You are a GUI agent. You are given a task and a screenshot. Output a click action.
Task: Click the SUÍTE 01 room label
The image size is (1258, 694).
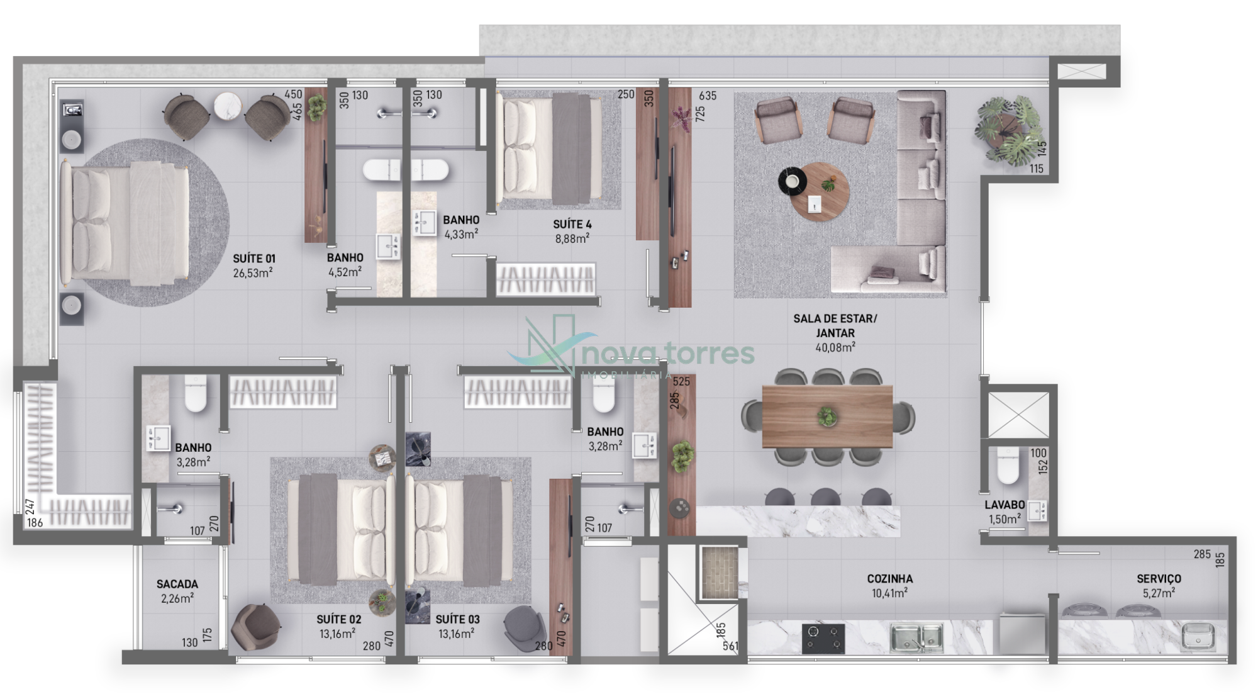coord(254,259)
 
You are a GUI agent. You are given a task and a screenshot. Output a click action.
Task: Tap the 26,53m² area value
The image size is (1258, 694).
coord(253,273)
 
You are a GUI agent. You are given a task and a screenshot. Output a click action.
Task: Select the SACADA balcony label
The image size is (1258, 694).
coord(177,585)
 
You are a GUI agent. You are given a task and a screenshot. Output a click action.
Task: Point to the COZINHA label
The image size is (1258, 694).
coord(890,579)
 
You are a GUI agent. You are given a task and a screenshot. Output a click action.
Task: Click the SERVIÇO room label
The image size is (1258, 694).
coord(1159,579)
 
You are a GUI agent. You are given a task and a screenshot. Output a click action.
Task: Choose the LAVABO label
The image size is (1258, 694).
coord(1005,505)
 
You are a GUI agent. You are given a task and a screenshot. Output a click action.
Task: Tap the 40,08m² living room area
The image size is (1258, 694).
coord(835,347)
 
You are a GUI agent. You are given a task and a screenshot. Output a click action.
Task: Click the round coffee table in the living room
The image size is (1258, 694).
coord(820,191)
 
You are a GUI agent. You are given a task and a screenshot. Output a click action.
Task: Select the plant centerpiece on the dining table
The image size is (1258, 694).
coord(827,417)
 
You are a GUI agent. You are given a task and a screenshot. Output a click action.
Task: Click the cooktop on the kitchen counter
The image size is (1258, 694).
coord(823,638)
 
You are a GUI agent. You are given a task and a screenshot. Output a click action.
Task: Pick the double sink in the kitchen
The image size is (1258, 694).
coord(916,637)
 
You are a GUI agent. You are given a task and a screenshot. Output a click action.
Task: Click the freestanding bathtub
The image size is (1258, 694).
coord(406,170)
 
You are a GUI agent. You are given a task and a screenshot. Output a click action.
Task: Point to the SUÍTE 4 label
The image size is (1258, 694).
coord(572,225)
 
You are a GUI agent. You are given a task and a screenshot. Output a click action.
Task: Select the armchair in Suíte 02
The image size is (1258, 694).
coord(255,627)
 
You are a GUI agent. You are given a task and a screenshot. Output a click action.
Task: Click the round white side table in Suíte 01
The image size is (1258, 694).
coord(227,106)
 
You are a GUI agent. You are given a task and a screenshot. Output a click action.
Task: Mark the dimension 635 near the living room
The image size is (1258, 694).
coord(708,96)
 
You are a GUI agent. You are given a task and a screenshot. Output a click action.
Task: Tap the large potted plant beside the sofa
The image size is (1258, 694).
coord(1005,130)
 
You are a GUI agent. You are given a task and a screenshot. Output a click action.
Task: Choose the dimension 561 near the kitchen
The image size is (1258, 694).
coord(730,646)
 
